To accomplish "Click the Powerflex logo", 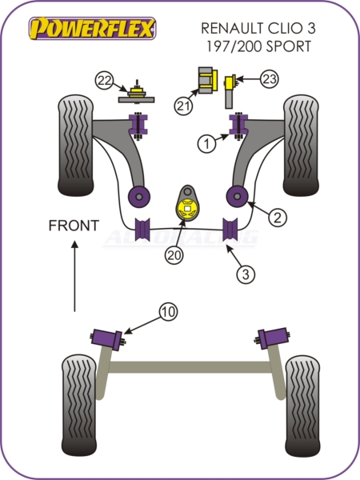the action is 93,29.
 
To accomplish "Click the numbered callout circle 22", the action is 104,81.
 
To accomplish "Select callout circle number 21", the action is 183,106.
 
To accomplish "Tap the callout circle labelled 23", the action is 270,79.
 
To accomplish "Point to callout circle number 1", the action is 207,143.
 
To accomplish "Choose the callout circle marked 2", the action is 278,218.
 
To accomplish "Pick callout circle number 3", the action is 246,274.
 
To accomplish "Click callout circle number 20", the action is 174,254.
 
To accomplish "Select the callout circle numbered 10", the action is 168,312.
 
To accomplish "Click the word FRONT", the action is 74,226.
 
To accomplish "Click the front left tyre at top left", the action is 76,146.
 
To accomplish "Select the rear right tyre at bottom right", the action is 302,406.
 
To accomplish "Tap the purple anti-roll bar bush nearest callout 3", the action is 230,229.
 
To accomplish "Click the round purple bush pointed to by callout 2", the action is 238,196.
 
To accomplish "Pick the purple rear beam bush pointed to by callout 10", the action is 107,339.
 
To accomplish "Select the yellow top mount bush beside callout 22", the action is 137,92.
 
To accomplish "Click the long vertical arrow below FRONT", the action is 74,276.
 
